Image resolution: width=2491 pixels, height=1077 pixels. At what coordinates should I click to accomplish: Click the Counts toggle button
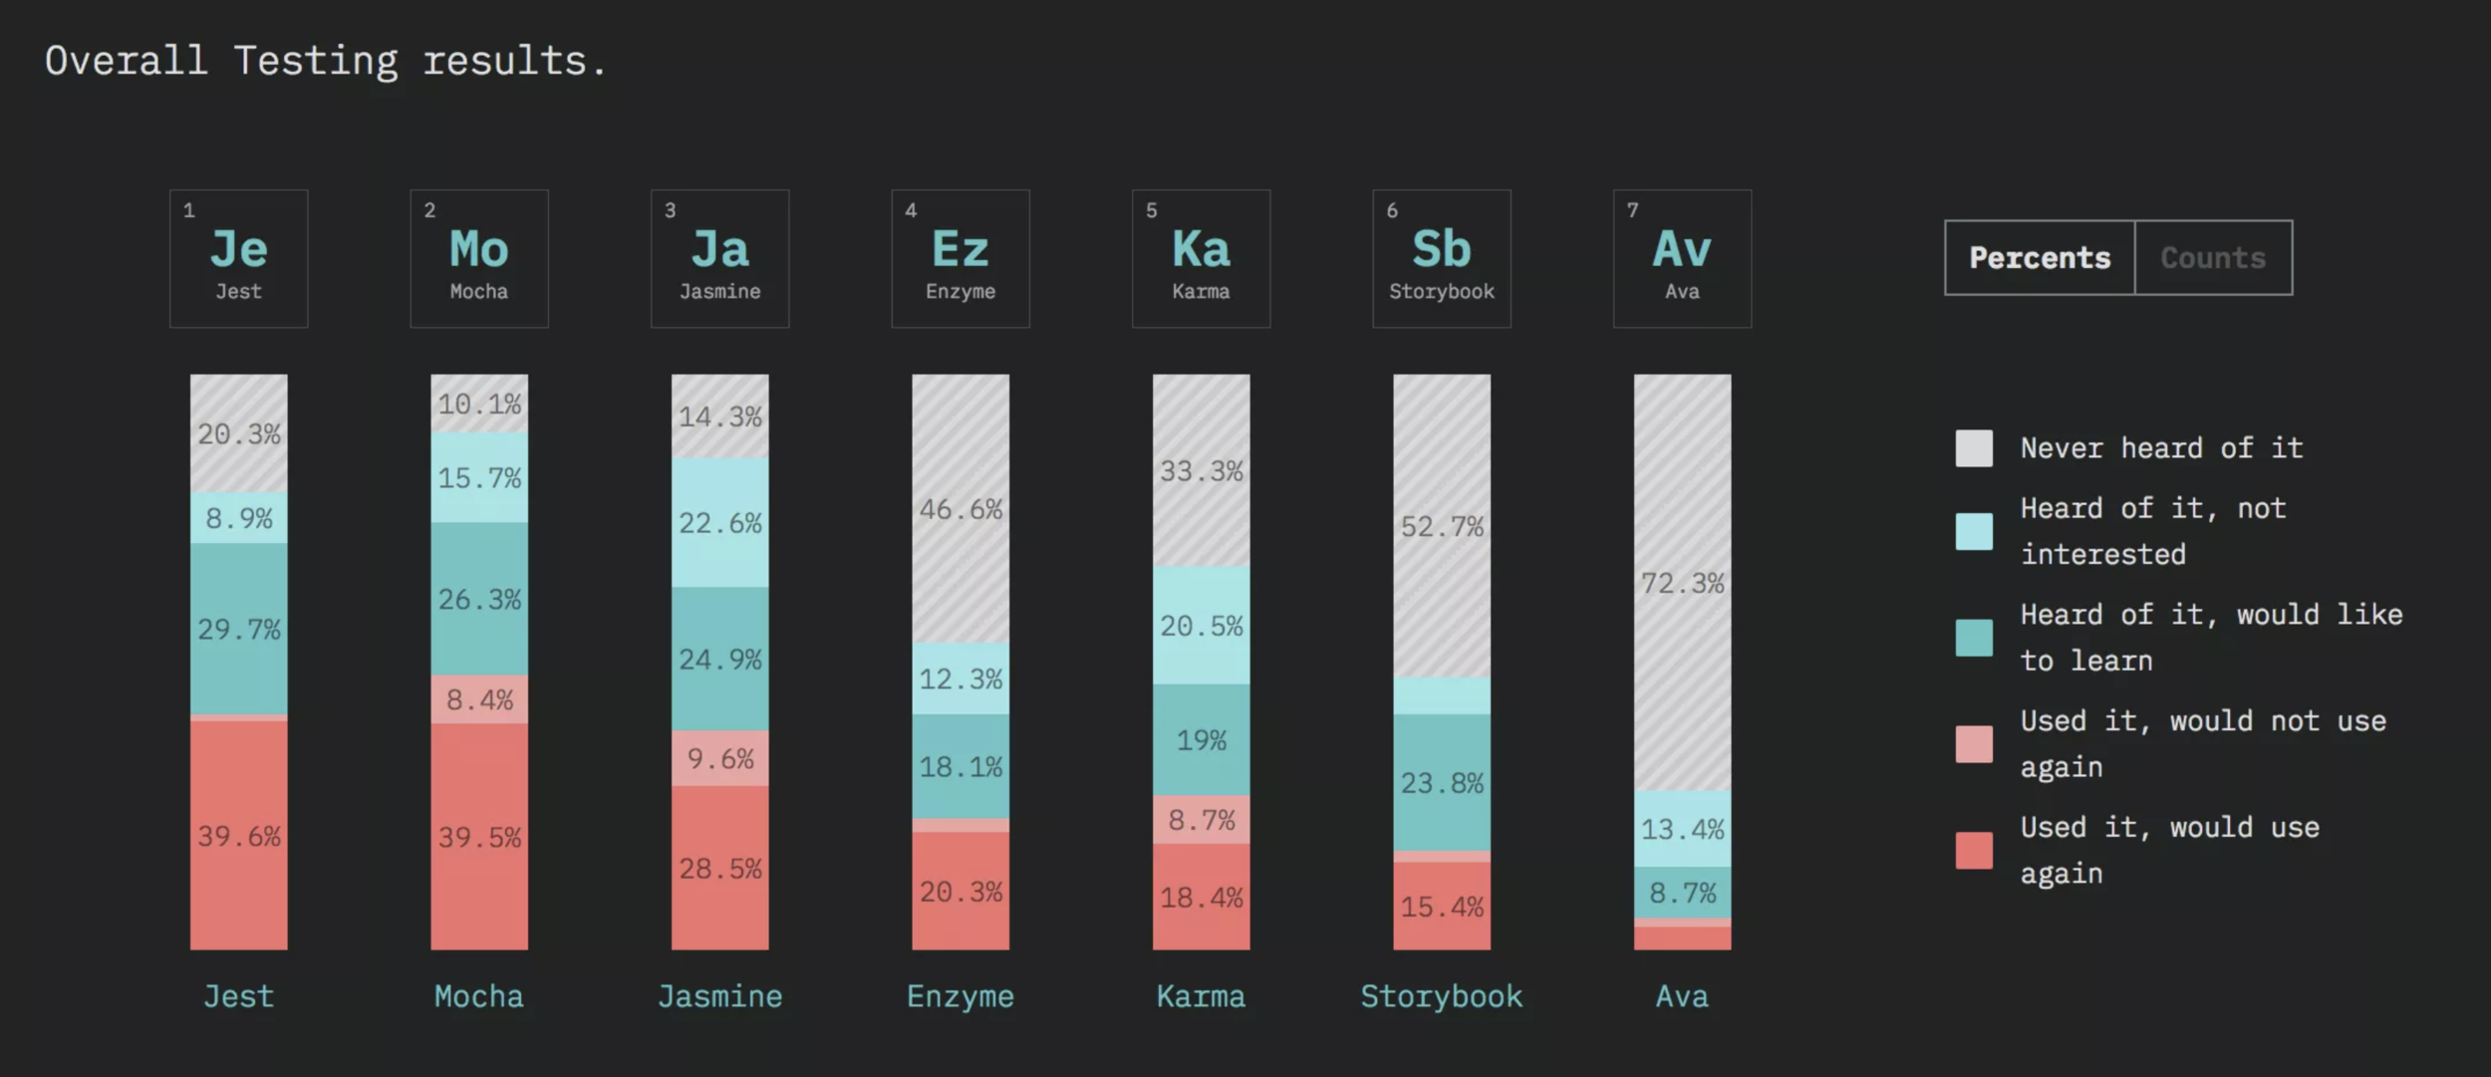[x=2212, y=258]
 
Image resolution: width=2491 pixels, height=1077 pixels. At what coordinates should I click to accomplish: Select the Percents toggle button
[x=2040, y=258]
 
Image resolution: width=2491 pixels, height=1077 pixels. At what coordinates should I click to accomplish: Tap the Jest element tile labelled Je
[x=239, y=259]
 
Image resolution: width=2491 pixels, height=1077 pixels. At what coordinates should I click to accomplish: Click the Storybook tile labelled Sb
[x=1442, y=259]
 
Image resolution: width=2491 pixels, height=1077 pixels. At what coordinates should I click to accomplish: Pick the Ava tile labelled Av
[x=1682, y=259]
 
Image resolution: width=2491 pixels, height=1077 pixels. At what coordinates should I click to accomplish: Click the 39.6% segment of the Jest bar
[x=239, y=835]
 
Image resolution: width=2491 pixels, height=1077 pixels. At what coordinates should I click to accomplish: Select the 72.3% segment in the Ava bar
[x=1682, y=583]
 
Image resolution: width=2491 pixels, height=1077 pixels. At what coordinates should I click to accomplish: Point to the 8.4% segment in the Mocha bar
[x=479, y=699]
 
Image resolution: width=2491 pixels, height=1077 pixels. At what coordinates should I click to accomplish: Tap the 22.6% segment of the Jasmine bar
[x=719, y=522]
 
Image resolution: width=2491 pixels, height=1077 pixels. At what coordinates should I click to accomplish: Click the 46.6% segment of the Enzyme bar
[x=961, y=509]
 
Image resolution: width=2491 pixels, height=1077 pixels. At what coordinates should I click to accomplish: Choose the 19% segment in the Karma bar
[x=1201, y=739]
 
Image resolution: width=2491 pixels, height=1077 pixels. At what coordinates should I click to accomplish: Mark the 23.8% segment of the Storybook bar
[x=1442, y=783]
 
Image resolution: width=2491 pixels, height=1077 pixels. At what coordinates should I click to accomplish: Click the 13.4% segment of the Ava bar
[x=1682, y=829]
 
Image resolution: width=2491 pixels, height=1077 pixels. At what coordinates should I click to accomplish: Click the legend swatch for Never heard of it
[x=1974, y=448]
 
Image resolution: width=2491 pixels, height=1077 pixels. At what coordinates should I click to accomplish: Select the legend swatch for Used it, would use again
[x=1974, y=850]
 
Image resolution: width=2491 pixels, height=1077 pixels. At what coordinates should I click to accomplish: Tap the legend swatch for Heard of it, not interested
[x=1974, y=531]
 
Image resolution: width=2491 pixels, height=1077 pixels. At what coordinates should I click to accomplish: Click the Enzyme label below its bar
[x=961, y=996]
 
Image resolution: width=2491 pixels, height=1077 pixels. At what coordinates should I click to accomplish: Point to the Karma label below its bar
[x=1201, y=996]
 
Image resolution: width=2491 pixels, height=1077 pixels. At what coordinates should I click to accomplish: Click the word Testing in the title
[x=316, y=62]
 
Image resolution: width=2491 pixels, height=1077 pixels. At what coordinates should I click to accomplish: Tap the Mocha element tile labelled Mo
[x=479, y=259]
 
